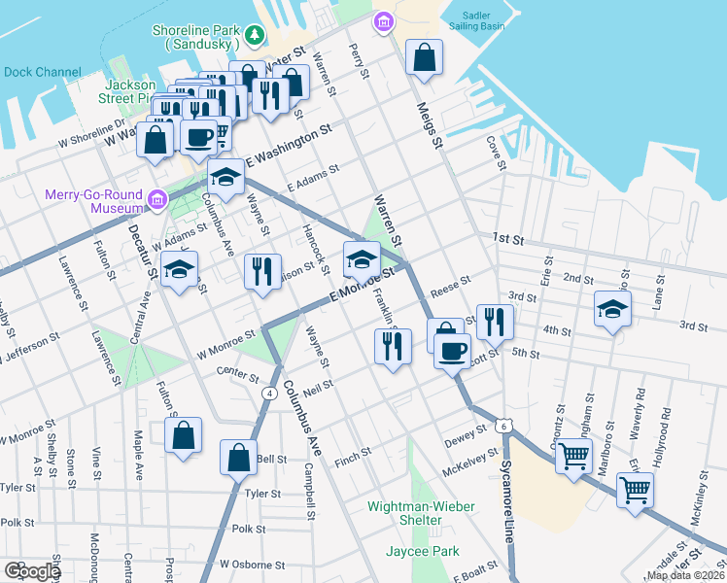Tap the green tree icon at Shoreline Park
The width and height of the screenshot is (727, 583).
pyautogui.click(x=255, y=36)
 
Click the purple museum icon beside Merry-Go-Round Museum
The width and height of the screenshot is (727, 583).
pyautogui.click(x=156, y=201)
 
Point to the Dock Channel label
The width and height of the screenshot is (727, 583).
pyautogui.click(x=43, y=71)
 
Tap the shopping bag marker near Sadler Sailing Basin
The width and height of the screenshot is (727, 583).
pyautogui.click(x=425, y=58)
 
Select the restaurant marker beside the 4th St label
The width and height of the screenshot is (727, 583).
pyautogui.click(x=495, y=324)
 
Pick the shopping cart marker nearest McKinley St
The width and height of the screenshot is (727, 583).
pyautogui.click(x=635, y=490)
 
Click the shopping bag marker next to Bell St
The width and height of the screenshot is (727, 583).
pyautogui.click(x=239, y=458)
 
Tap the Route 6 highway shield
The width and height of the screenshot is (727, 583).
pyautogui.click(x=502, y=426)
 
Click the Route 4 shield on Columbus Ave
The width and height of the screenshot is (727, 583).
pyautogui.click(x=267, y=392)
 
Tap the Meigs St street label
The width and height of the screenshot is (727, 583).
pyautogui.click(x=430, y=126)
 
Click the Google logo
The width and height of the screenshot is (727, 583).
pyautogui.click(x=31, y=571)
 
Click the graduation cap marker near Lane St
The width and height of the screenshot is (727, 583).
pyautogui.click(x=610, y=311)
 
